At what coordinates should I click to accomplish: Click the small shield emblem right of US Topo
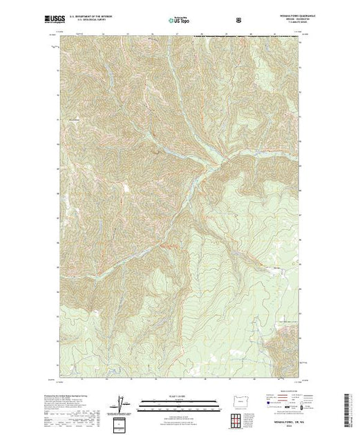click(239, 19)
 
